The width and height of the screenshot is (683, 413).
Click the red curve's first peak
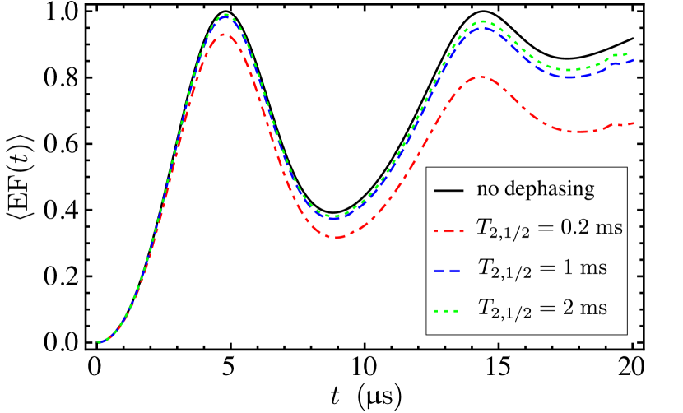tap(224, 35)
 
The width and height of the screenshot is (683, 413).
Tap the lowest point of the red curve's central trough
tap(333, 238)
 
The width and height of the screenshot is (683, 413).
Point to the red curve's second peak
tap(481, 77)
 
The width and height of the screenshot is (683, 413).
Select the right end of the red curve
tap(634, 123)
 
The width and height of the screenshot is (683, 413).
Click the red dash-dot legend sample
tap(448, 232)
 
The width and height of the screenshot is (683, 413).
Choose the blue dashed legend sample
tap(447, 271)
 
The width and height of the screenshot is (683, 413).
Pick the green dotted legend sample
tap(446, 311)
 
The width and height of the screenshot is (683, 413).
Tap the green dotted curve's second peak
tap(483, 21)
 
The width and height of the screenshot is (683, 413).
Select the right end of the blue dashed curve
tap(634, 60)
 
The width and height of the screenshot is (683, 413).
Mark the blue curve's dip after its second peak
tap(571, 77)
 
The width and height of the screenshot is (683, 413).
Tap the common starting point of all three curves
tap(98, 342)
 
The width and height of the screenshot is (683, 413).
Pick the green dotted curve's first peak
tap(225, 14)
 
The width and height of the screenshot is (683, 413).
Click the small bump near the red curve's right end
tap(613, 125)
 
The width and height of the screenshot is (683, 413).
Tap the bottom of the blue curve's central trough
tap(333, 219)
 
